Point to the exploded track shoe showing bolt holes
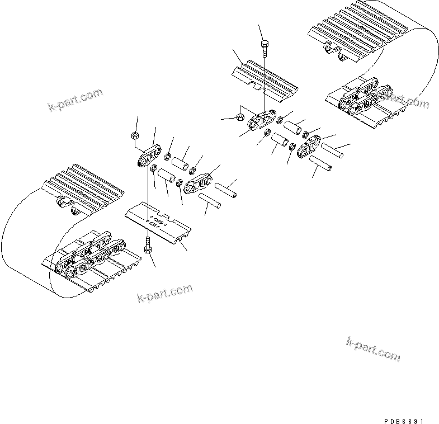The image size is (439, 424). pos(159,223)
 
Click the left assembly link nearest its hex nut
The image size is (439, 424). pos(147,157)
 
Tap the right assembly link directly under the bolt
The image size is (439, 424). pos(263,121)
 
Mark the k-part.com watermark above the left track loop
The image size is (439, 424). pos(75,100)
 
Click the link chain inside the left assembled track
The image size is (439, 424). pos(89,257)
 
